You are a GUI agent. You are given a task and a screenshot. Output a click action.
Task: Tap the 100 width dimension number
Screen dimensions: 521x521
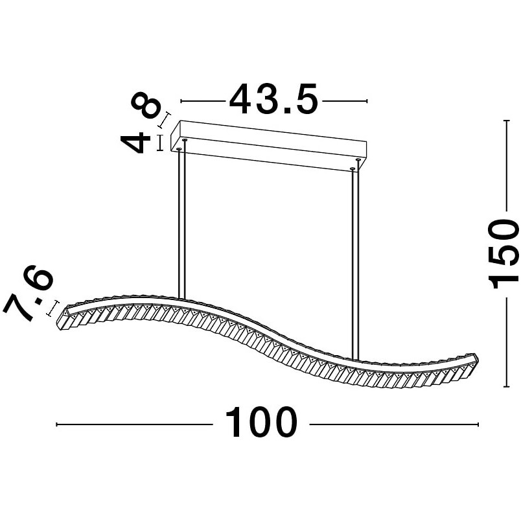261,423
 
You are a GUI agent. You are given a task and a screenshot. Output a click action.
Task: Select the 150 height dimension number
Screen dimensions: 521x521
503,254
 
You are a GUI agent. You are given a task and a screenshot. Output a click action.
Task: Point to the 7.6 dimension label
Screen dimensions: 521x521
28,294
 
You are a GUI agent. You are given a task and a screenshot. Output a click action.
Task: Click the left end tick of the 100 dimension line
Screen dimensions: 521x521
57,424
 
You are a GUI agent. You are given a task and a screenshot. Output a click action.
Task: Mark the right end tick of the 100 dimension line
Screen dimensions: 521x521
478,424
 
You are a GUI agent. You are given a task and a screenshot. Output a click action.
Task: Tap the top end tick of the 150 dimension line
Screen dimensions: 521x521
506,121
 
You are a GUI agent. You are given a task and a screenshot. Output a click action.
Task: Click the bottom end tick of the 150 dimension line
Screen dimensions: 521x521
506,386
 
